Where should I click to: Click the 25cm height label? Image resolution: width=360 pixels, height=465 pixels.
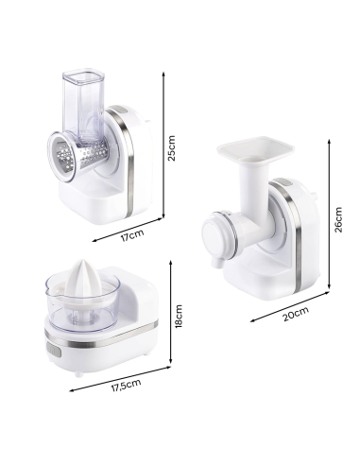coord(172,148)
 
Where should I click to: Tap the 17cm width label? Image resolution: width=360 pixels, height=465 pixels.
coord(132,235)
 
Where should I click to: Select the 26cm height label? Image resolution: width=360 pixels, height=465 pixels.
coord(338,219)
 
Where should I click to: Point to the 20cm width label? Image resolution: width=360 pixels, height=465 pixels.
coord(296,314)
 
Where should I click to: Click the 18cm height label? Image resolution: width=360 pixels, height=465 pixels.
coord(179,316)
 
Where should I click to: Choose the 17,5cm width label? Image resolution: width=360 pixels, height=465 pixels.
coord(126,386)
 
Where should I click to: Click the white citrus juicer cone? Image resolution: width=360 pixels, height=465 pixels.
coord(83,281)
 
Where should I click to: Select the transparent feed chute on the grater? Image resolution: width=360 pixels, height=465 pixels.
coord(83,104)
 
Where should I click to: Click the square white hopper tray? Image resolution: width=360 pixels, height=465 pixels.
coord(255,148)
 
